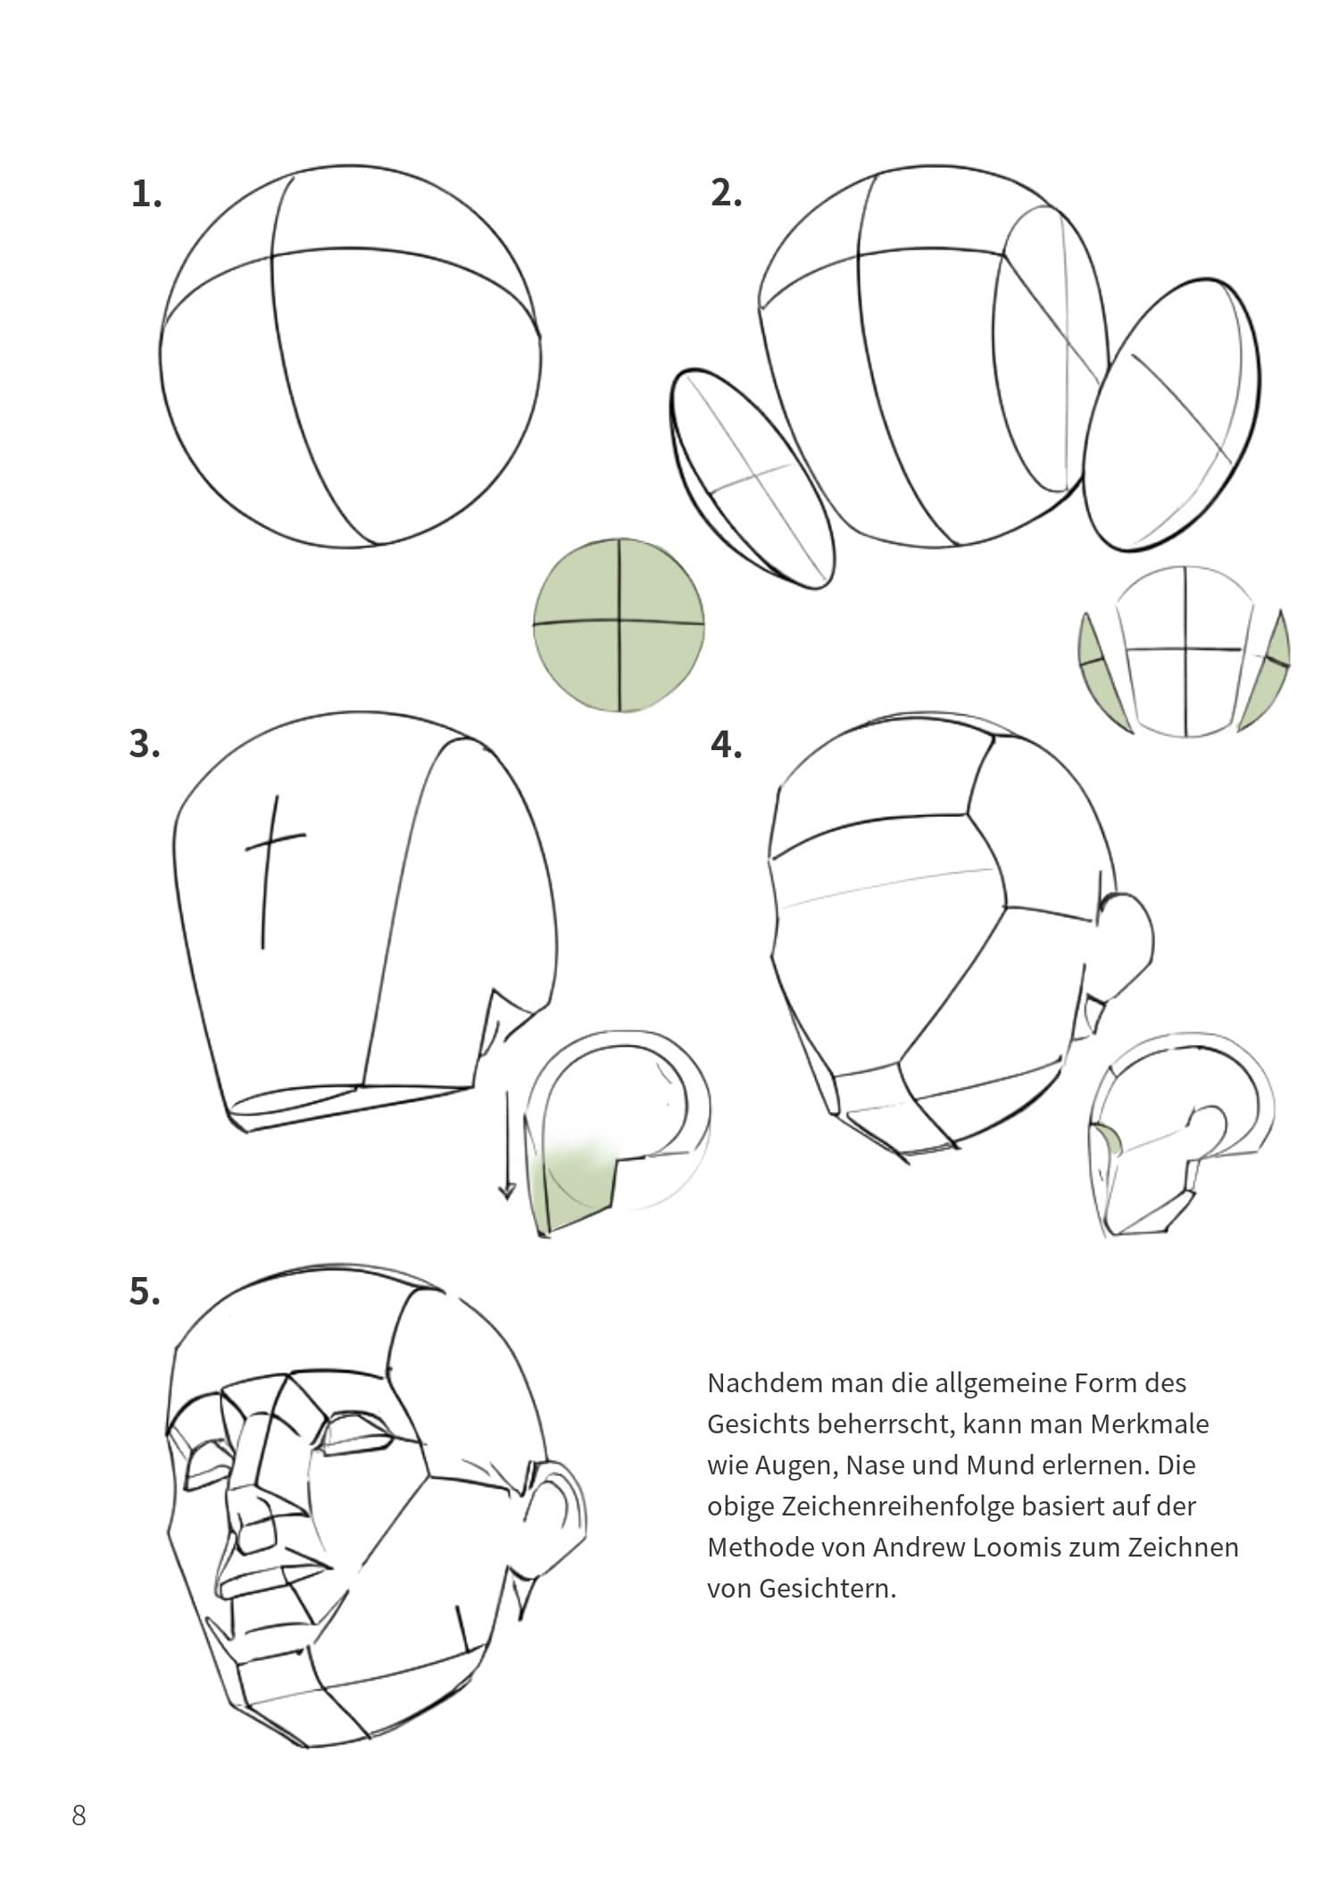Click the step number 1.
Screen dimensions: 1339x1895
click(146, 194)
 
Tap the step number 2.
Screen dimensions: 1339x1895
click(727, 193)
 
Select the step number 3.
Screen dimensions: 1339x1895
click(146, 744)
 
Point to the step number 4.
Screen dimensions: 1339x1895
click(727, 744)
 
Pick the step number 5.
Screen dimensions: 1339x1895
click(146, 1291)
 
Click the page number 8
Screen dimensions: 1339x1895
click(79, 1815)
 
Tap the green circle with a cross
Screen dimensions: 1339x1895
click(620, 625)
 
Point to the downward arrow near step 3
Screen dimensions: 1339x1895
click(507, 1144)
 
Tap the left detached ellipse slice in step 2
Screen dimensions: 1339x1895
click(752, 479)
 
